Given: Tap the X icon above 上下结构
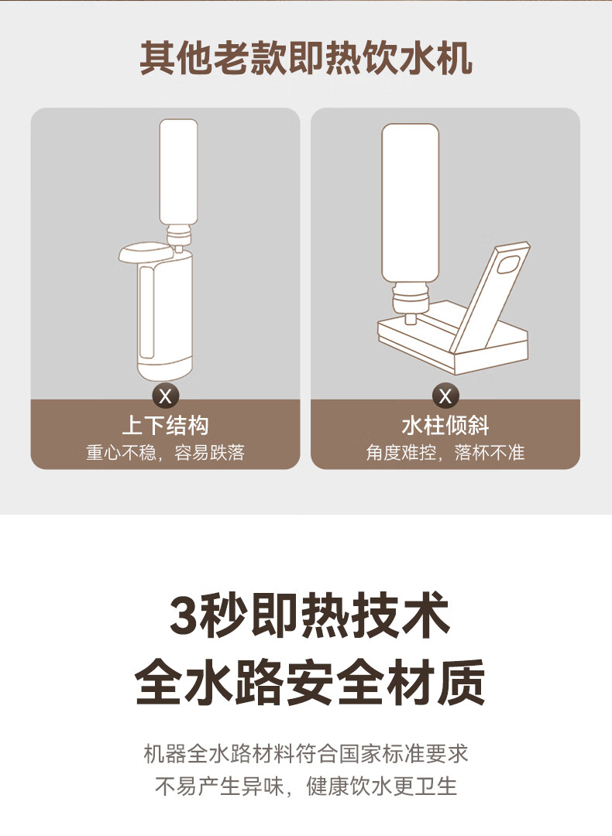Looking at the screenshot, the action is [166, 396].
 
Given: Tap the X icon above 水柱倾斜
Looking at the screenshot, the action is [445, 396].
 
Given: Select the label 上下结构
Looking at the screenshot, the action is [166, 426].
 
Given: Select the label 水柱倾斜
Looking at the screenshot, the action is [445, 426].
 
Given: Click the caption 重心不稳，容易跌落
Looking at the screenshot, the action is [166, 453].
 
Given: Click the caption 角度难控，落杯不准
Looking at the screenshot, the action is [445, 453].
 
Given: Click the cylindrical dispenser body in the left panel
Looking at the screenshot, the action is [164, 314].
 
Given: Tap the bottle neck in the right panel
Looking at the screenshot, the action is [411, 304].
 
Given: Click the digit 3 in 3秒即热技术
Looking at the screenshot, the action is [183, 615].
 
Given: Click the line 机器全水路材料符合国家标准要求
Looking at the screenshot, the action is [306, 753].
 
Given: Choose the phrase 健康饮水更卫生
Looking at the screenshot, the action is [381, 786].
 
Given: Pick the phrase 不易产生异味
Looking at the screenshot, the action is [218, 786].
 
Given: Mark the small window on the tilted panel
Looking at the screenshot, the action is [508, 265].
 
